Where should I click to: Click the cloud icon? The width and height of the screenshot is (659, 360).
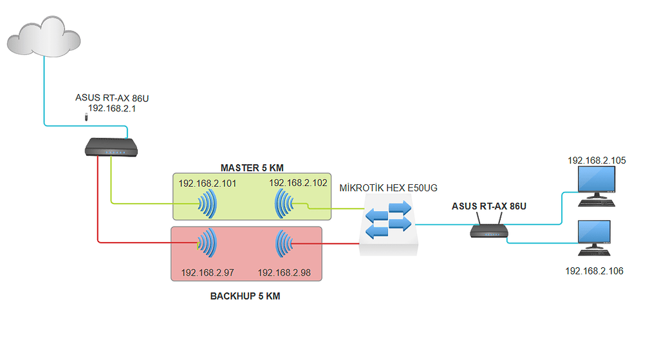(x=44, y=37)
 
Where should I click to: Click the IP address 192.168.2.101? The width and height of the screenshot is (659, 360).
(x=207, y=183)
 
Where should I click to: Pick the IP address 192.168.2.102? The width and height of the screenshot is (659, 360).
(x=297, y=183)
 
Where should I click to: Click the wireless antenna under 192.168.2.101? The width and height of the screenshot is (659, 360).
(x=207, y=205)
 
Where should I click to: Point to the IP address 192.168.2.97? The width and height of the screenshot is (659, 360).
(x=207, y=272)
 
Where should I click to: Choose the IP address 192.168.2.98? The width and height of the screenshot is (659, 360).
(x=284, y=272)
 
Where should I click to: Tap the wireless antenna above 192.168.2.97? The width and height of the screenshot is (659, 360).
(x=207, y=244)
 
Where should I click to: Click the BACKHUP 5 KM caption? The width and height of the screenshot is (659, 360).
(x=245, y=297)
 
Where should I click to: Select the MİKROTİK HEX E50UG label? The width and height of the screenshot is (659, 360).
(x=388, y=187)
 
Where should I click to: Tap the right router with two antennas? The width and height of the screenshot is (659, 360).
(x=489, y=229)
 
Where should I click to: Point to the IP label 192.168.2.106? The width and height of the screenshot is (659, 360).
(x=594, y=271)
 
